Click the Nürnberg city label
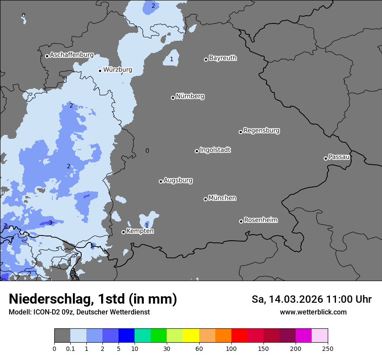190,96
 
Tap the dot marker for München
205,199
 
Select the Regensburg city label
261,131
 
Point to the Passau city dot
326,158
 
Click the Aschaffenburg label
72,55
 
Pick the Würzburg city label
118,70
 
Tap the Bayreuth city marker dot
206,59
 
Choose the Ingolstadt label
215,150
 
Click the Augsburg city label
178,180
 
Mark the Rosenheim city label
260,220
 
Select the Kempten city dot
123,232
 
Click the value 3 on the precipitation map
50,223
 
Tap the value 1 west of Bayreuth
171,59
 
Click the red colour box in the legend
239,336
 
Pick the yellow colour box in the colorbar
191,336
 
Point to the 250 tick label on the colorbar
328,348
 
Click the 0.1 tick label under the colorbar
70,348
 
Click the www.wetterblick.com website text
313,312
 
